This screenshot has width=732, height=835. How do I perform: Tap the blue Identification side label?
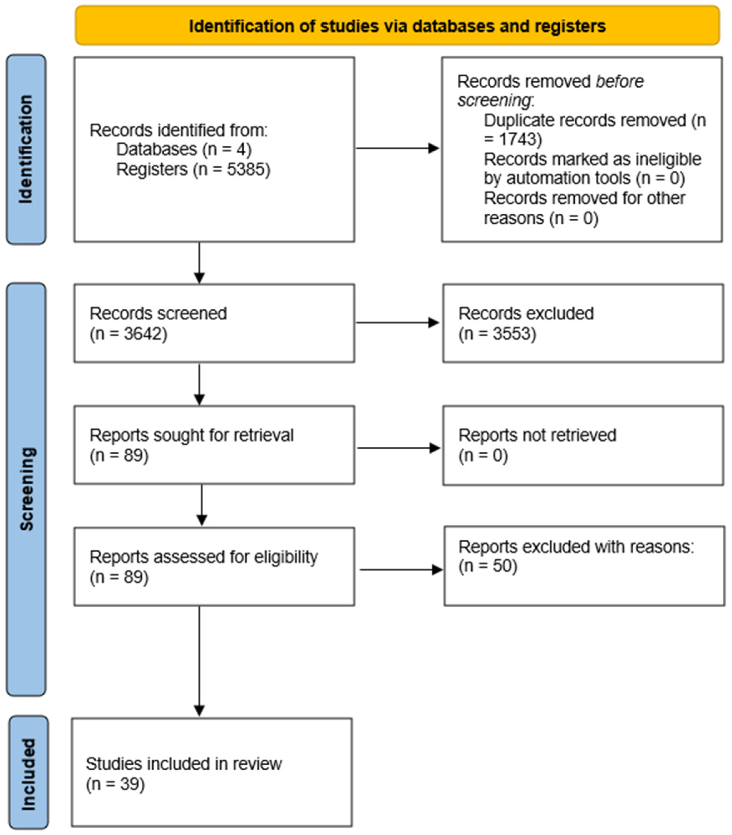click(x=26, y=149)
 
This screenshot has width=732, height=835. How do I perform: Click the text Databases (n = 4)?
click(x=184, y=149)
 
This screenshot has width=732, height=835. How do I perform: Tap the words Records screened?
click(x=158, y=314)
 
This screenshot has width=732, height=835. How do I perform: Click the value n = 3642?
click(x=129, y=334)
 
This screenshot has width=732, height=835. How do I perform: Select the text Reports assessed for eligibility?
click(x=203, y=557)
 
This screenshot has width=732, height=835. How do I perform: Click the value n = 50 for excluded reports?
click(x=488, y=566)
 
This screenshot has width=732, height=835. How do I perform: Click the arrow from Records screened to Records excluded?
click(x=397, y=323)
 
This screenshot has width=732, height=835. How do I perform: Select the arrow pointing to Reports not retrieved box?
click(x=398, y=448)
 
